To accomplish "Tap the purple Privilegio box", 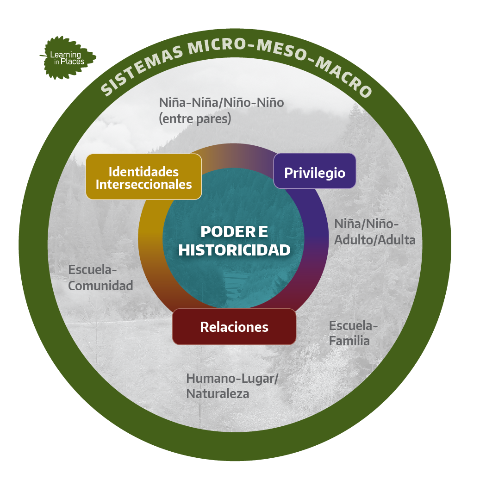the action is pyautogui.click(x=315, y=171).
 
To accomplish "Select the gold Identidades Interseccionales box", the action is pyautogui.click(x=144, y=177).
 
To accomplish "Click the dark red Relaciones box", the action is pyautogui.click(x=234, y=327).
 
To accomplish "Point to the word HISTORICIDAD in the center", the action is pyautogui.click(x=234, y=250).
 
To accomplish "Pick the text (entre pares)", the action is pyautogui.click(x=195, y=118).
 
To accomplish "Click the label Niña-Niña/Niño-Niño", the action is pyautogui.click(x=221, y=103).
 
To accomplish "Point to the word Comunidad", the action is pyautogui.click(x=100, y=286).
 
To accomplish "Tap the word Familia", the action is pyautogui.click(x=349, y=341).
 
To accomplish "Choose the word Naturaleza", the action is pyautogui.click(x=218, y=393).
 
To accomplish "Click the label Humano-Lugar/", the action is pyautogui.click(x=232, y=379).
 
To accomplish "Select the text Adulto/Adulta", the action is pyautogui.click(x=375, y=240).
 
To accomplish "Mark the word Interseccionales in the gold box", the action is pyautogui.click(x=144, y=185).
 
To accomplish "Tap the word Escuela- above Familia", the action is pyautogui.click(x=353, y=325).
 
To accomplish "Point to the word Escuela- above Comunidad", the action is pyautogui.click(x=93, y=270).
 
